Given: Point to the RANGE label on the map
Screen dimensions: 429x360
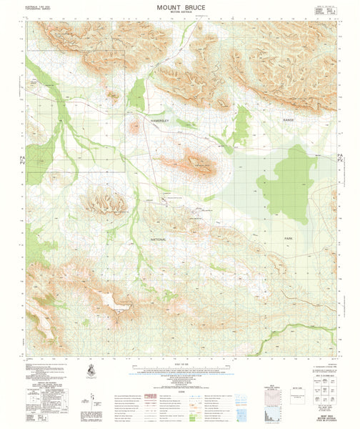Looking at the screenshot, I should pos(289,120).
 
